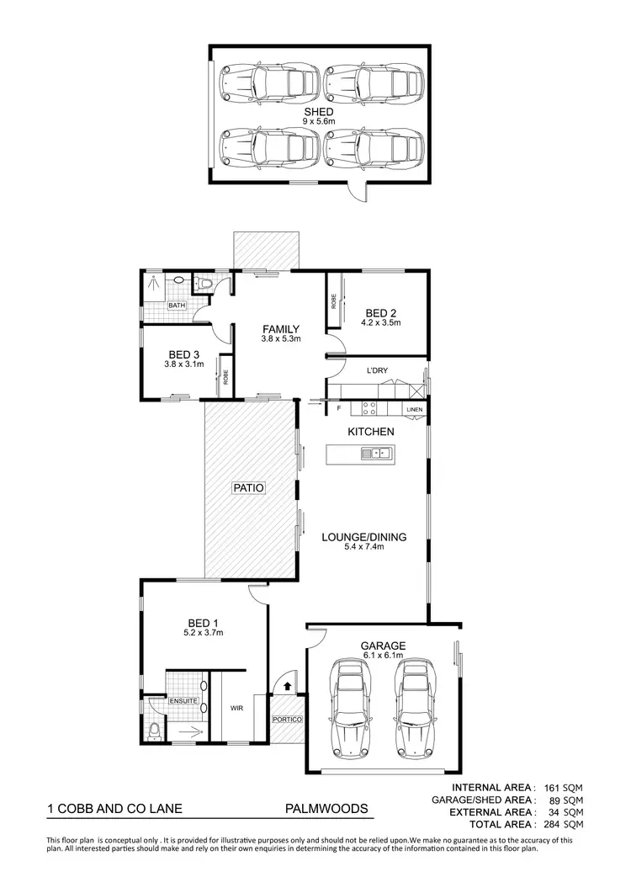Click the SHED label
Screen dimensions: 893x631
tap(320, 111)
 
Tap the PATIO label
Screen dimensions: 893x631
tap(249, 486)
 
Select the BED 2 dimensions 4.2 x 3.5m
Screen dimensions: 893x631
tap(380, 322)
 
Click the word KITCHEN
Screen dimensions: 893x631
tap(371, 432)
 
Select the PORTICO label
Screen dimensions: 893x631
tap(286, 720)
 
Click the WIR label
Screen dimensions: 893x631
tap(236, 709)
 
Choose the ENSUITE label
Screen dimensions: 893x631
tap(183, 700)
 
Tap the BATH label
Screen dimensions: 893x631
tap(177, 306)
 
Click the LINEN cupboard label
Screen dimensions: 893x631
tap(414, 410)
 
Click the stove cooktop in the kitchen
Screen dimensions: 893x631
tap(369, 408)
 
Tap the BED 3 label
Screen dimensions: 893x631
tap(184, 354)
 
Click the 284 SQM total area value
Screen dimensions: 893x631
tap(562, 825)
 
